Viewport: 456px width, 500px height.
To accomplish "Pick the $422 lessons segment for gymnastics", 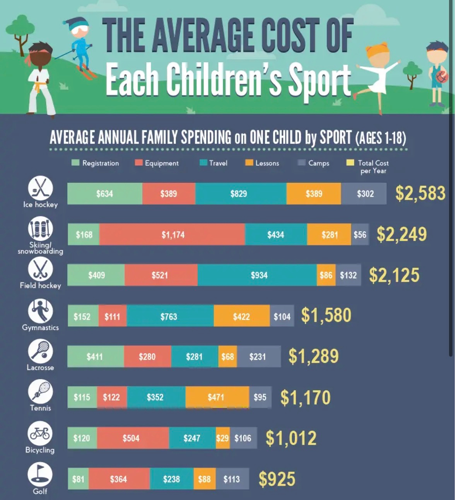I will tap(241, 316).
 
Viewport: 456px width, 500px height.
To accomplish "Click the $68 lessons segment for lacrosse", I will tap(227, 356).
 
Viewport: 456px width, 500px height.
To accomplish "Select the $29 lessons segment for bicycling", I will tap(222, 438).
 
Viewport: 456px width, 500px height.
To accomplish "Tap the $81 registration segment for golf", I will tap(78, 479).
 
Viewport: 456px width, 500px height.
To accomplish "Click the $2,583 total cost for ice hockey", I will tap(420, 193).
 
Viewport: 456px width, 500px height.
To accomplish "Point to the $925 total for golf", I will tap(277, 479).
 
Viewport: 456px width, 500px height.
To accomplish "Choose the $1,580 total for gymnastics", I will tap(326, 315).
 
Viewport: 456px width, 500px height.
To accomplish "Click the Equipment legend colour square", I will tap(138, 163).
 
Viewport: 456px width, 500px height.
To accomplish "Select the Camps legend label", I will tap(319, 163).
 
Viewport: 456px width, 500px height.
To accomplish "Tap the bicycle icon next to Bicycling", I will tap(40, 433).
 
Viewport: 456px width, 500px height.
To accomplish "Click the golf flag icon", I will tap(40, 474).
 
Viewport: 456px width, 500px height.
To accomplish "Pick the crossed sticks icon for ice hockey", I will tap(40, 188).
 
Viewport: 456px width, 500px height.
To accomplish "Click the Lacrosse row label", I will tap(40, 367).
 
